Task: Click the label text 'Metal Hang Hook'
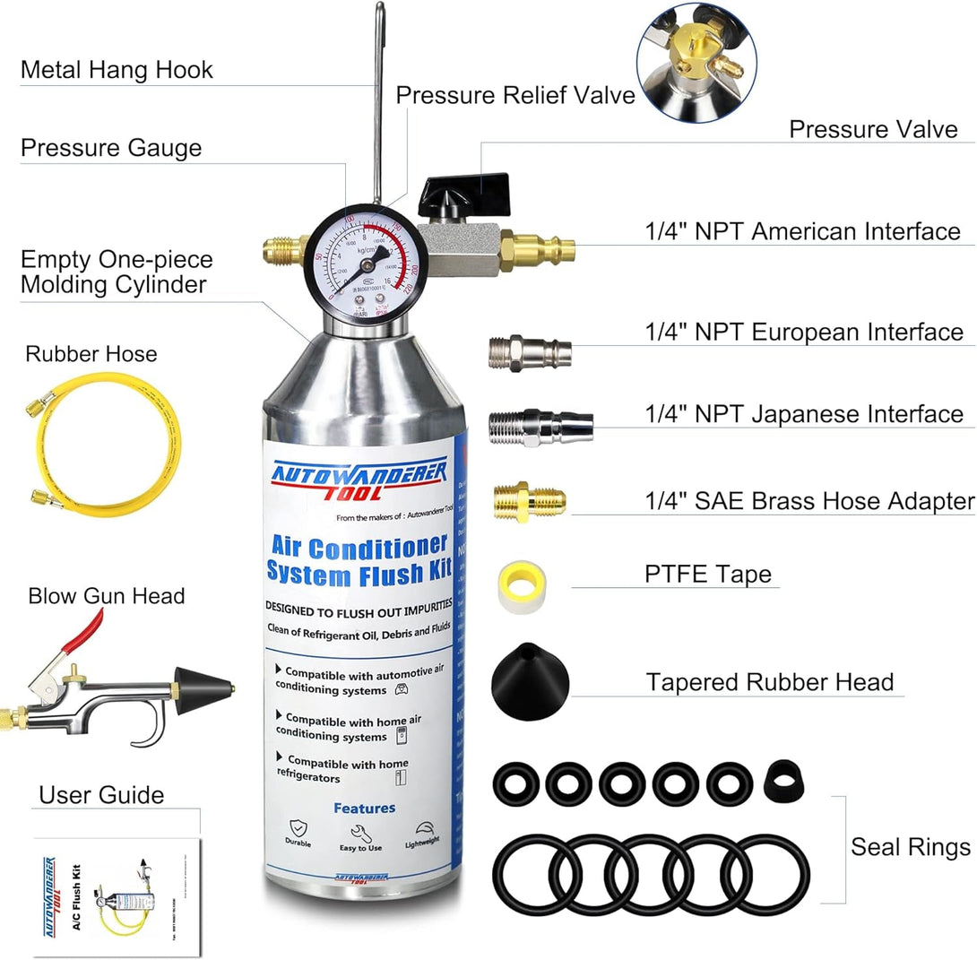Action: tap(117, 70)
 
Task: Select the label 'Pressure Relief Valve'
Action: tap(515, 95)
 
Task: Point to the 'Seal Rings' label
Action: tap(910, 847)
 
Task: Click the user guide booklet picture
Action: tap(117, 887)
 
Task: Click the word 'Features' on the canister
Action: tap(364, 808)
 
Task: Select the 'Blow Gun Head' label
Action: tap(106, 595)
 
